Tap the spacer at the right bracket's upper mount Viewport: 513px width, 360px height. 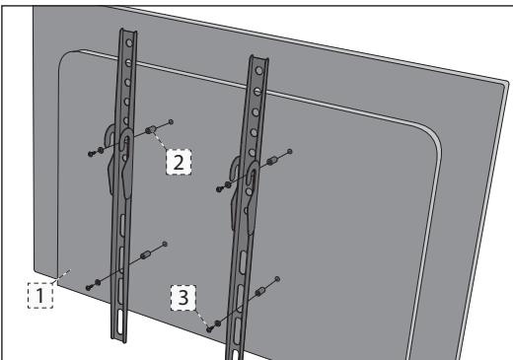tap(268, 161)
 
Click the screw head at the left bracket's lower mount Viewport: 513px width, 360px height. tap(90, 286)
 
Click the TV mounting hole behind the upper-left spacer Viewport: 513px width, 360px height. tap(172, 121)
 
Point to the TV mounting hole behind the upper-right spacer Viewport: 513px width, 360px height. tap(289, 151)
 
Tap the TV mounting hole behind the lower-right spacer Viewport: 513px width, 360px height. tap(280, 280)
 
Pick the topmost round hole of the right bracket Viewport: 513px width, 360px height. tap(258, 69)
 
